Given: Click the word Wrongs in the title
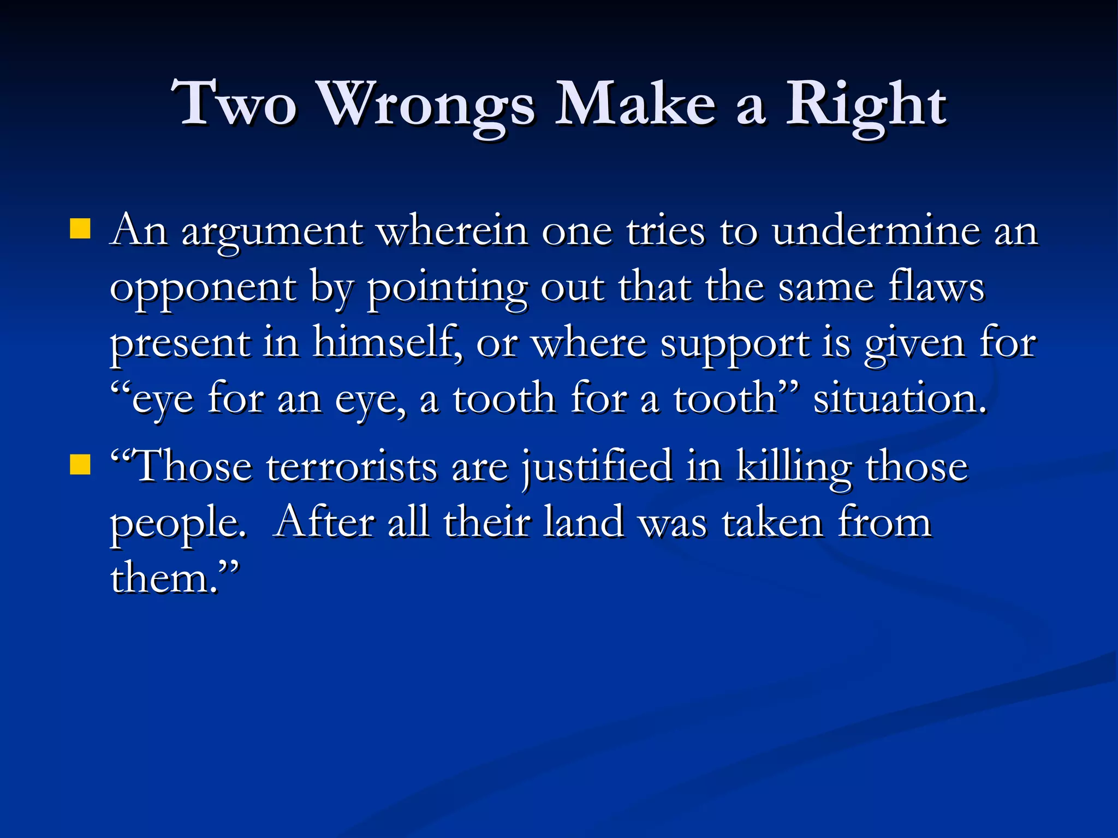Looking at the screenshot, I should [426, 105].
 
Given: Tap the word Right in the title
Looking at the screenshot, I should [866, 105].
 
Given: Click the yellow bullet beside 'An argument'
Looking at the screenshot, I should [80, 229].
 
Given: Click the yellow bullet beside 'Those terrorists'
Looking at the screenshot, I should [80, 465].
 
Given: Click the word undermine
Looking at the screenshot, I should [876, 231].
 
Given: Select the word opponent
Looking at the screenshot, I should [203, 289].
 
